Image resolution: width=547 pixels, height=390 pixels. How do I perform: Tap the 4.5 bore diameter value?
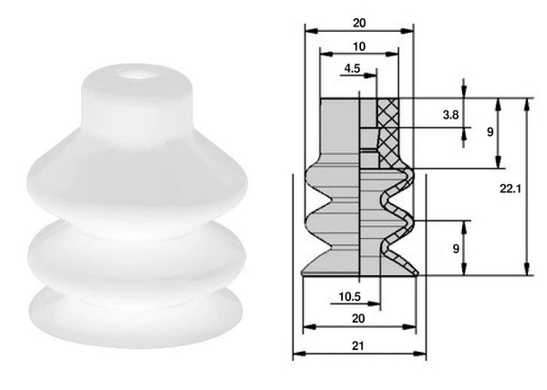pyautogui.click(x=353, y=68)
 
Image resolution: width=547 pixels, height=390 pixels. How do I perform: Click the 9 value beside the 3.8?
pyautogui.click(x=490, y=132)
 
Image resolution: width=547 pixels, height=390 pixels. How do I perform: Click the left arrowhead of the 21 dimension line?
pyautogui.click(x=296, y=355)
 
